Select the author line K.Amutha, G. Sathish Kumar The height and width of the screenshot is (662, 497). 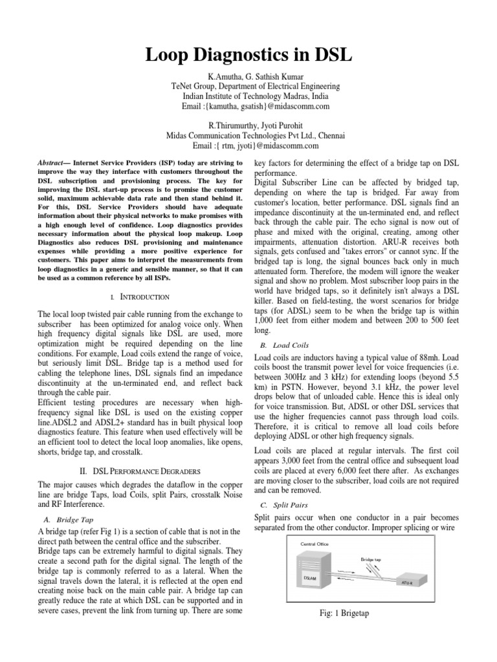pyautogui.click(x=248, y=76)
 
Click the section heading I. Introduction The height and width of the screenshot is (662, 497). pyautogui.click(x=140, y=297)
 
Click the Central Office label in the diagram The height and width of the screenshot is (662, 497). pyautogui.click(x=315, y=544)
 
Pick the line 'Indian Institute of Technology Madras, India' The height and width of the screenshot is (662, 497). pyautogui.click(x=248, y=96)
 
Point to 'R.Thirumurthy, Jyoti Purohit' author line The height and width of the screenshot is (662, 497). pyautogui.click(x=248, y=125)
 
